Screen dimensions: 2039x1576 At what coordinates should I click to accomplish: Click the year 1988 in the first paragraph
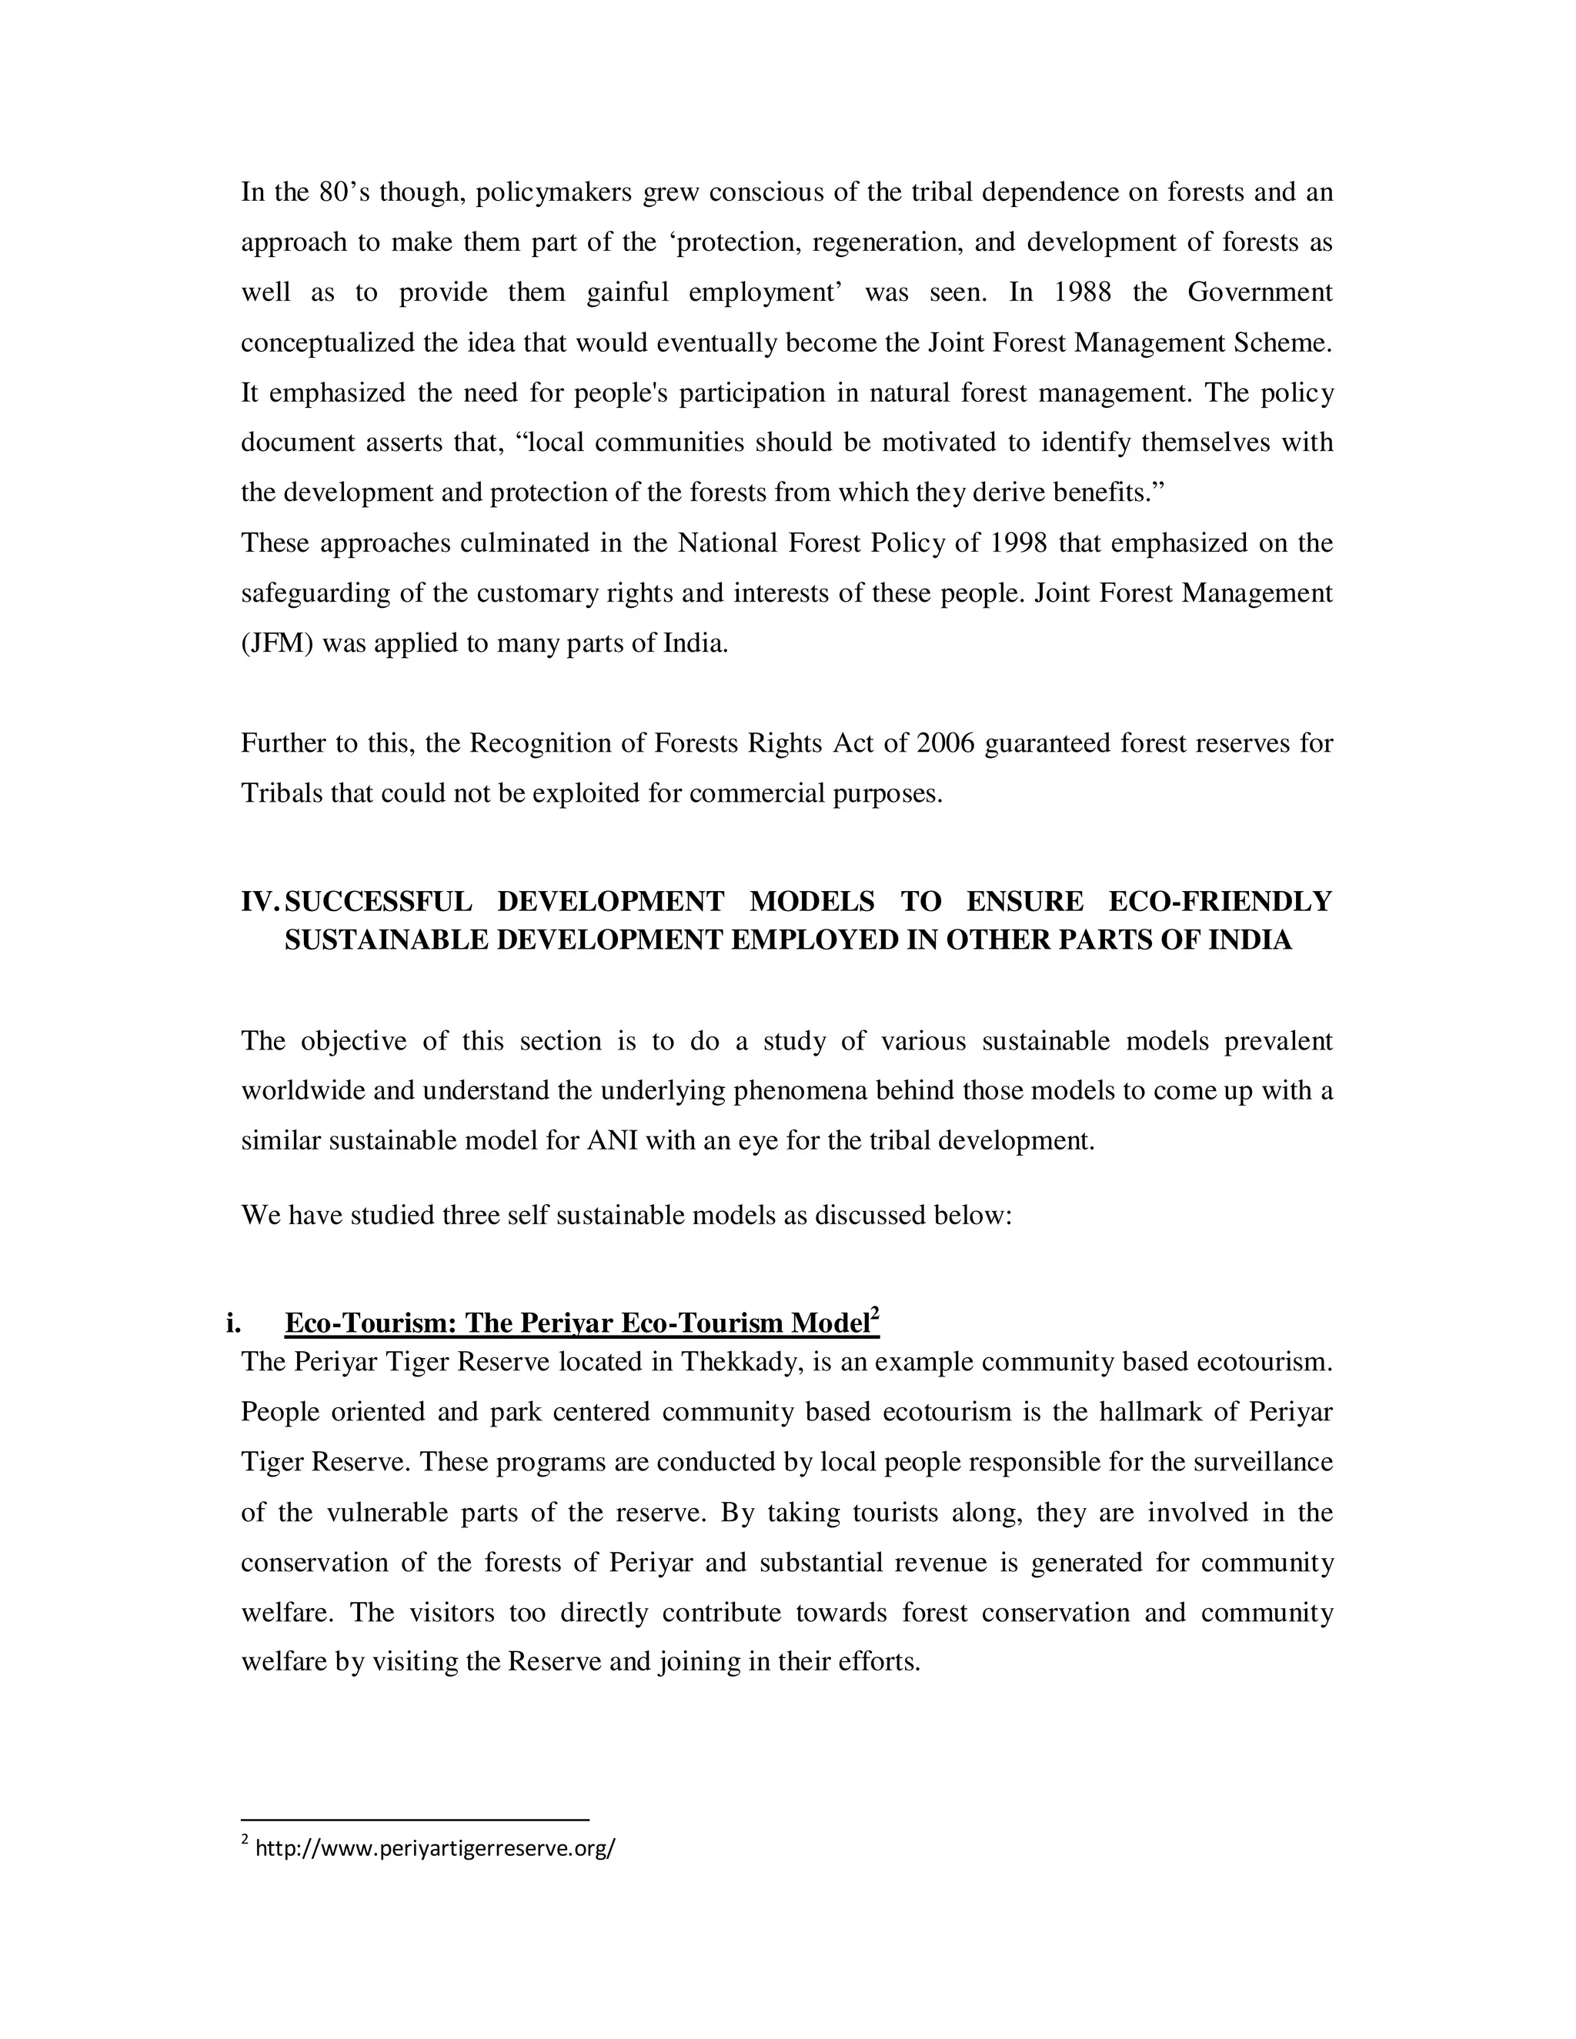(1082, 293)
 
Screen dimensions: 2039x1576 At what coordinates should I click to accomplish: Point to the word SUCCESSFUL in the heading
(378, 902)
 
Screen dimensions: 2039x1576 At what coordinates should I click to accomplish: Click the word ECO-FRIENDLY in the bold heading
(1220, 902)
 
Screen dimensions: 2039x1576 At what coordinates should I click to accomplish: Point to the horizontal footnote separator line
(415, 1820)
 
